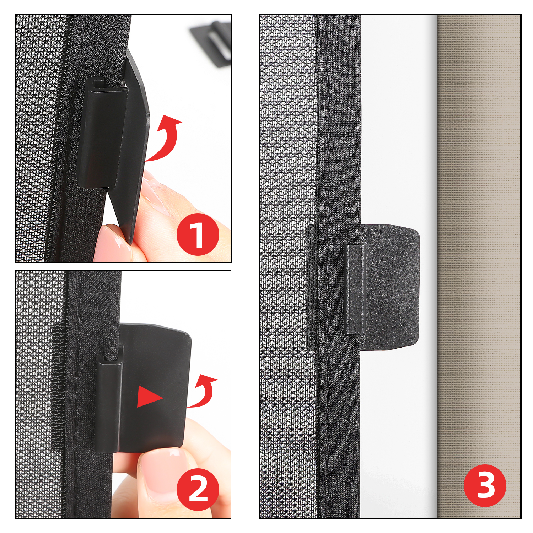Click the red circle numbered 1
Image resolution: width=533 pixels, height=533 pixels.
[198, 234]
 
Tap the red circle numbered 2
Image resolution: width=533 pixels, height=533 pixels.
[198, 490]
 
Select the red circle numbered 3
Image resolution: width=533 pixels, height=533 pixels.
[485, 485]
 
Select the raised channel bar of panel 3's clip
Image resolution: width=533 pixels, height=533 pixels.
[355, 289]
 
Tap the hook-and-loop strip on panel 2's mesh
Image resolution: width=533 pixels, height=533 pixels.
[58, 387]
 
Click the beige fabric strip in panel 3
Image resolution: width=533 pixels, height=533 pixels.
[478, 266]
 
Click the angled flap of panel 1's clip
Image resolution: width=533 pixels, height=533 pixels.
[133, 146]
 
